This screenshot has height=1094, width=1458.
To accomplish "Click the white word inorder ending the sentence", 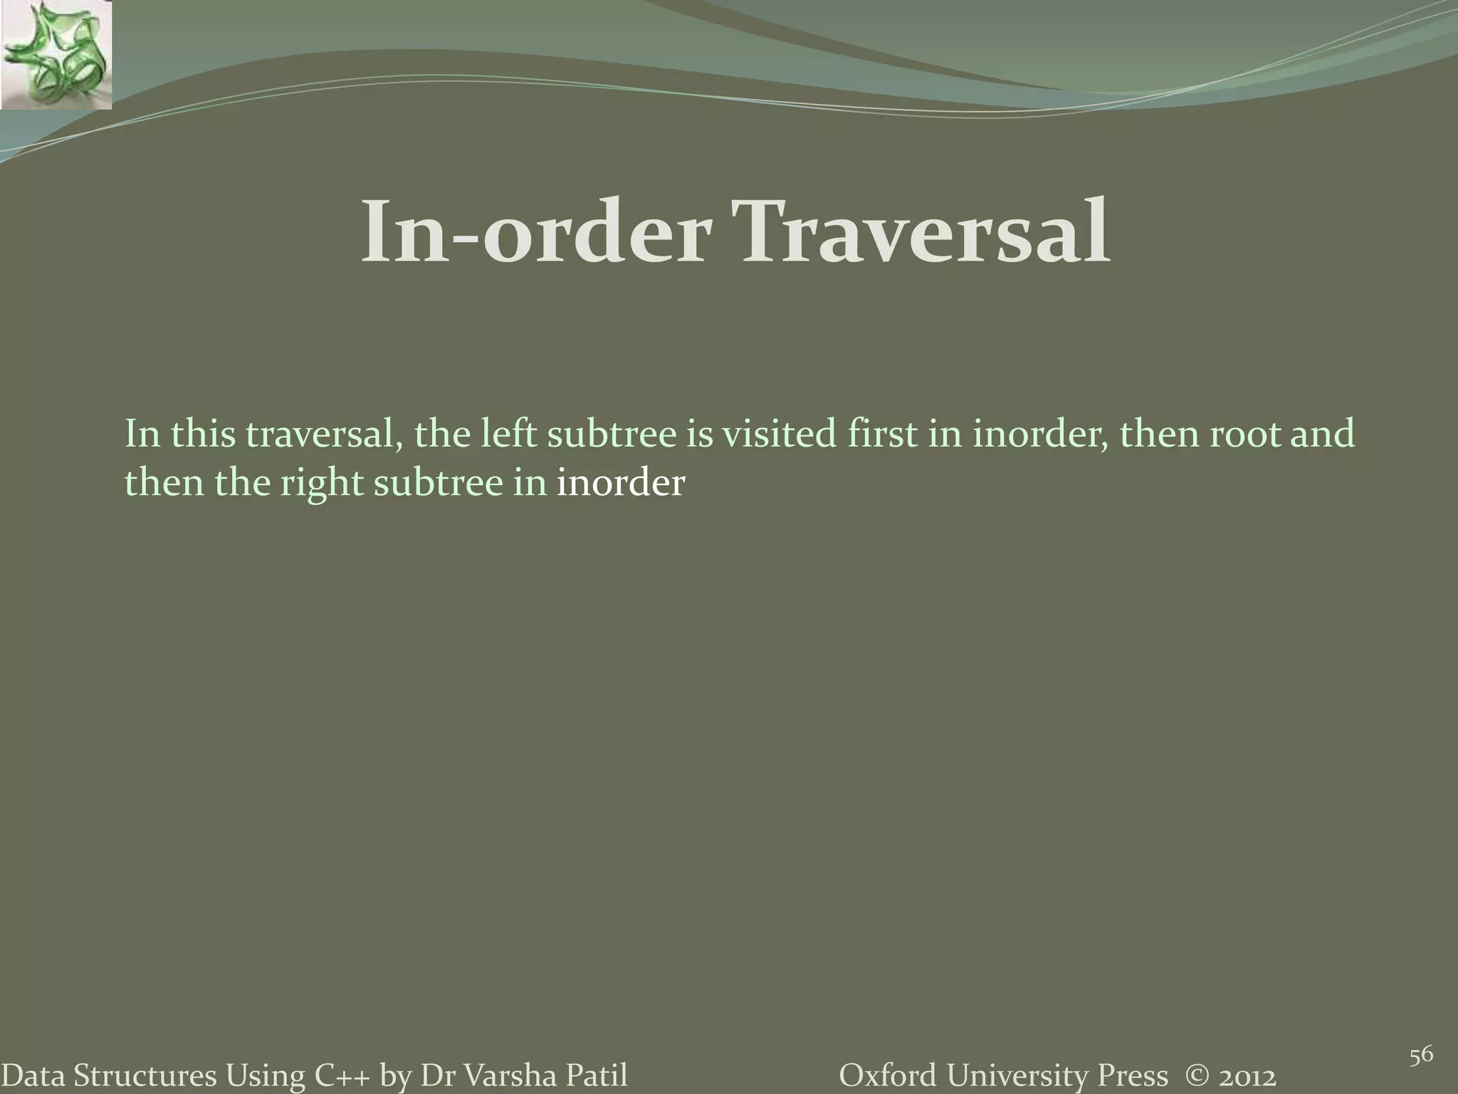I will coord(620,484).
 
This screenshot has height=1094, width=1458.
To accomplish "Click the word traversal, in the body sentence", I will coord(320,434).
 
